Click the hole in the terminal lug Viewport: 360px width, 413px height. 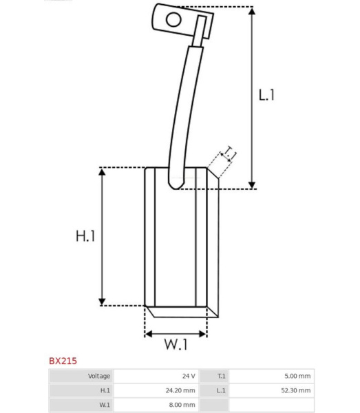(173, 20)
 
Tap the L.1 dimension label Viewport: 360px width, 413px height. (266, 95)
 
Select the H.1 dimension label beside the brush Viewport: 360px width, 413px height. (85, 236)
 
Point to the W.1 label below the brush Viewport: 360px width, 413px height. (176, 344)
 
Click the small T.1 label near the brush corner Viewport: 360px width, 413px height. (228, 153)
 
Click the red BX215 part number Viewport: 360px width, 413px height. (63, 361)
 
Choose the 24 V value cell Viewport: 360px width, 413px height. (189, 376)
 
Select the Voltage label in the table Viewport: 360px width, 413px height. (99, 376)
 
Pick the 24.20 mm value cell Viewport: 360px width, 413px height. (180, 390)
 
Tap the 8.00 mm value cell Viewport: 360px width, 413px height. (182, 405)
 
